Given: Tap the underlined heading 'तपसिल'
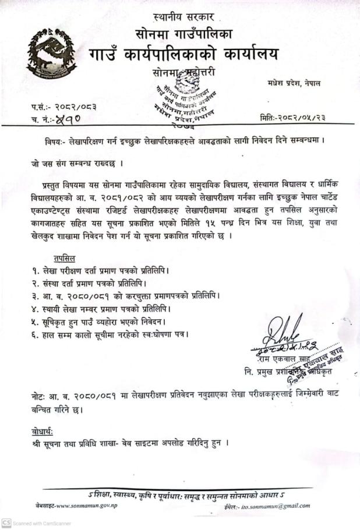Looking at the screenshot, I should [65, 257].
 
